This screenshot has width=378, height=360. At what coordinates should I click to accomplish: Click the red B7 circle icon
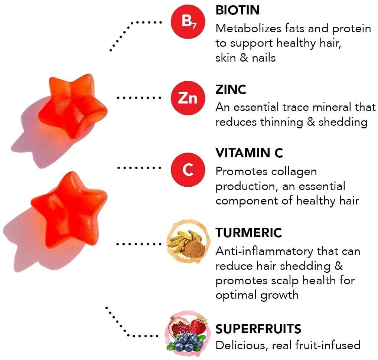click(x=188, y=22)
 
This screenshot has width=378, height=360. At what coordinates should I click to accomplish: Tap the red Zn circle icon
click(x=188, y=98)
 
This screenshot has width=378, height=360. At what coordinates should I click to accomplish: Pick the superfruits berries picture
click(x=187, y=334)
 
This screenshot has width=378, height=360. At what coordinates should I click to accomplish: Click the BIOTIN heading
click(x=237, y=10)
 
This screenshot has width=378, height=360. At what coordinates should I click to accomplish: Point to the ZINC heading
click(x=231, y=90)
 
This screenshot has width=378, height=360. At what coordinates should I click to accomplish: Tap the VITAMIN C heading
click(x=249, y=153)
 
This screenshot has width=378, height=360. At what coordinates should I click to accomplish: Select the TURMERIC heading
click(x=248, y=233)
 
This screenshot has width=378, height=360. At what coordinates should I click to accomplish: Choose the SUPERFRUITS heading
click(x=258, y=329)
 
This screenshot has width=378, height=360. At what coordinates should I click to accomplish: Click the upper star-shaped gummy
click(x=73, y=106)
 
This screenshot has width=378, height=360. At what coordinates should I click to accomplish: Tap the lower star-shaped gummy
click(x=69, y=209)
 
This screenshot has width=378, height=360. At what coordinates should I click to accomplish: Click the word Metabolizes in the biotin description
click(x=248, y=29)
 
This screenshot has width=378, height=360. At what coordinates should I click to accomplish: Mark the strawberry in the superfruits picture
click(x=198, y=325)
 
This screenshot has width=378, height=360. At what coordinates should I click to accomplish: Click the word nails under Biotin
click(x=264, y=58)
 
